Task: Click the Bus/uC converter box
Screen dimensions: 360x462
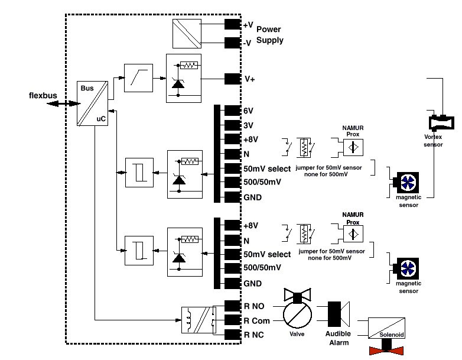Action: click(x=95, y=103)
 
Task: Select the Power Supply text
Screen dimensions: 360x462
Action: click(x=269, y=35)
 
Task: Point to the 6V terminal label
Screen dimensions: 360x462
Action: click(x=249, y=111)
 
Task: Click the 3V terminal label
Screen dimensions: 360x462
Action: click(x=249, y=125)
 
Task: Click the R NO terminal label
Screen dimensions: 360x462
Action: click(x=255, y=306)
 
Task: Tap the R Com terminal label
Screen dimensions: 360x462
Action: click(x=257, y=320)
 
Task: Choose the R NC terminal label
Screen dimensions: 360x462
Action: click(x=255, y=335)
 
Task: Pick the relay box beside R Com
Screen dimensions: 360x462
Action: click(x=196, y=321)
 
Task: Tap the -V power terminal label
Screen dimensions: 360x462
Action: click(x=248, y=43)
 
